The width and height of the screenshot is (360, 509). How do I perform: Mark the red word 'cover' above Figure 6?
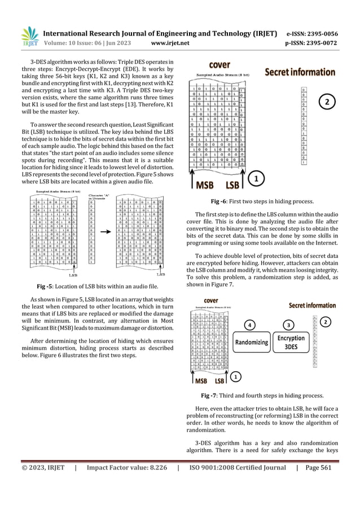(x=220, y=65)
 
